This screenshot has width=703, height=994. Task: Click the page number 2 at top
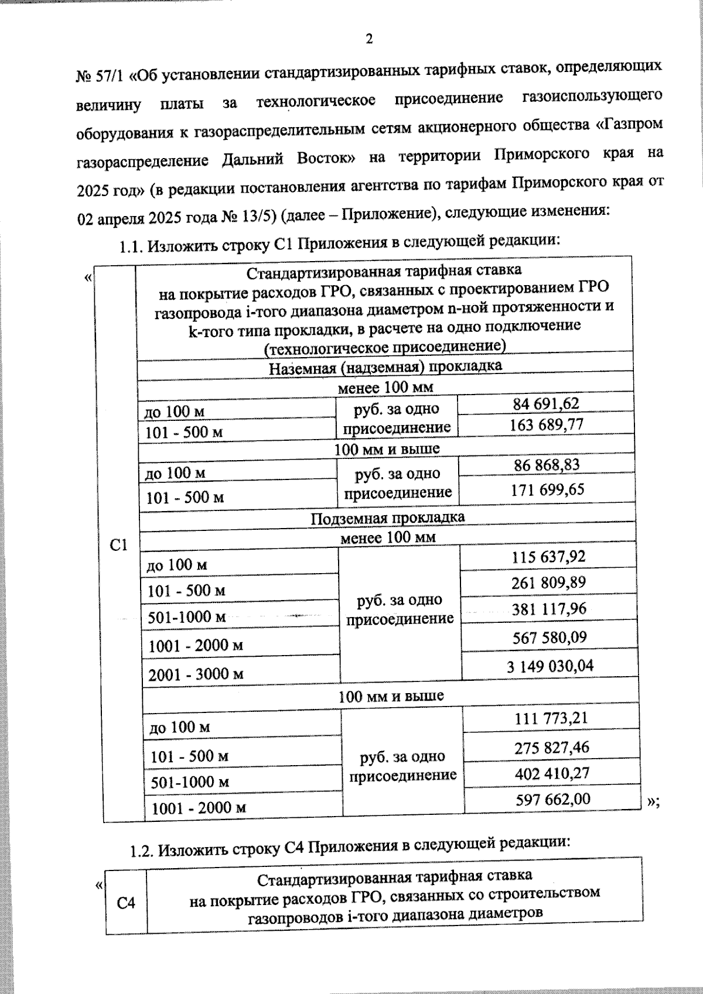pyautogui.click(x=368, y=39)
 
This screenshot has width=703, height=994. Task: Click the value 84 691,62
pyautogui.click(x=545, y=403)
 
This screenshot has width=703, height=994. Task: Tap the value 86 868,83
pyautogui.click(x=547, y=465)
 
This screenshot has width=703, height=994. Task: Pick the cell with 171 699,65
pyautogui.click(x=547, y=489)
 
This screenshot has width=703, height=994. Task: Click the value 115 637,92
pyautogui.click(x=548, y=556)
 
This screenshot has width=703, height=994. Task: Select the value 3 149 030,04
pyautogui.click(x=550, y=666)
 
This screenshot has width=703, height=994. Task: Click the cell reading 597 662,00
pyautogui.click(x=552, y=799)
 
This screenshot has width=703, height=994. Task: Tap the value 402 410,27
pyautogui.click(x=552, y=773)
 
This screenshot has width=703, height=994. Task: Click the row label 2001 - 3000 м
pyautogui.click(x=196, y=674)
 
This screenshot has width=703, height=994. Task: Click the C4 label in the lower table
pyautogui.click(x=126, y=903)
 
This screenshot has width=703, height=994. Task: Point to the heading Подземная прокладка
pyautogui.click(x=387, y=518)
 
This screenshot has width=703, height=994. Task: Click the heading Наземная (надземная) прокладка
pyautogui.click(x=385, y=367)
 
